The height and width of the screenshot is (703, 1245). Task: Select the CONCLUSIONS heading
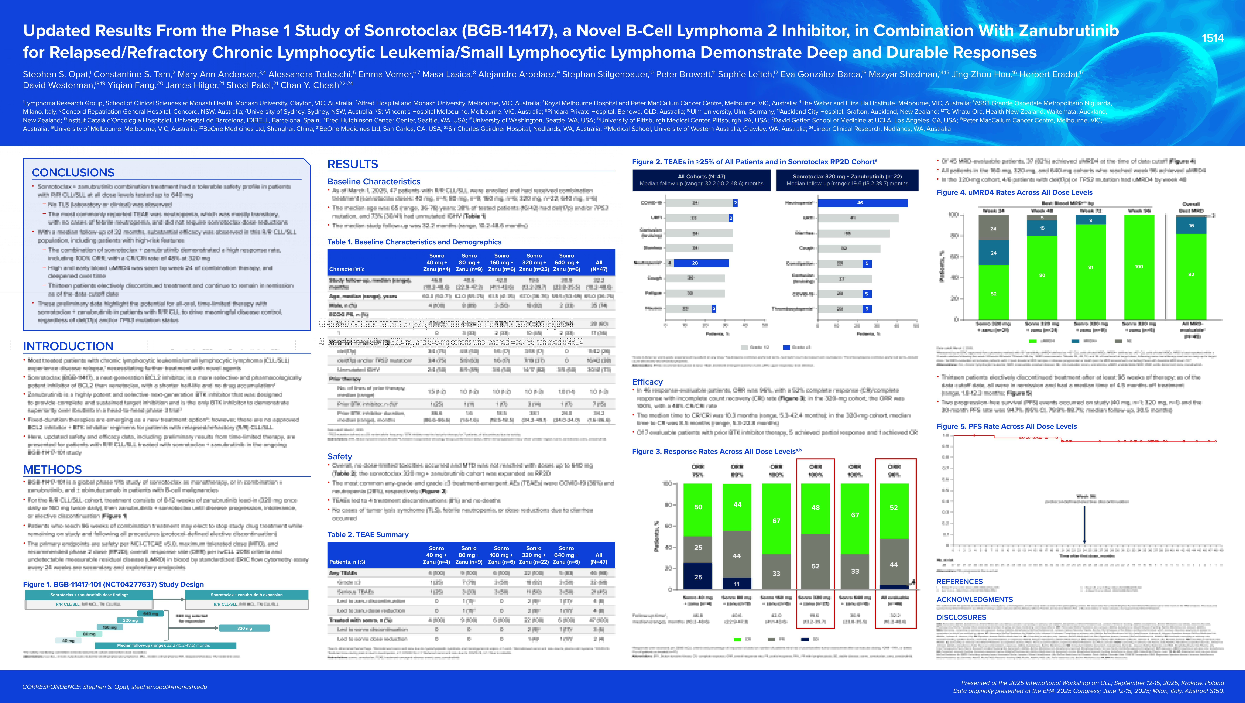coord(73,173)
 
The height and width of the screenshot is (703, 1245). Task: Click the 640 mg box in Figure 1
coord(150,613)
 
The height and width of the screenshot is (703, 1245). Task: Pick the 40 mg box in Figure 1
coord(69,641)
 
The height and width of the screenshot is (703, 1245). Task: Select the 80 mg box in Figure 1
coord(89,634)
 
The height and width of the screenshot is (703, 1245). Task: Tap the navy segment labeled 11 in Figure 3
coord(737,584)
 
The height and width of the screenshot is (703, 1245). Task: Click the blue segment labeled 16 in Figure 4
coord(1191,225)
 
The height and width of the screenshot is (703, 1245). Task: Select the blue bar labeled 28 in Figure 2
coord(701,263)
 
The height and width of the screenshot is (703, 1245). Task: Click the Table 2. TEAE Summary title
coord(368,535)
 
